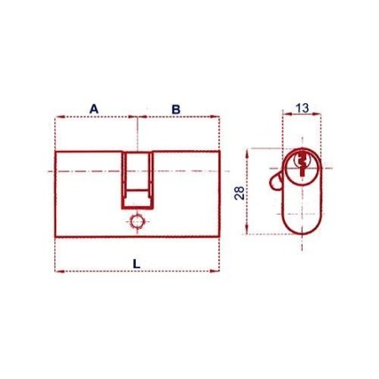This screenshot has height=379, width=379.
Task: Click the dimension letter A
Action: (x=94, y=109)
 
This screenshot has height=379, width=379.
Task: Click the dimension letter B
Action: (x=176, y=109)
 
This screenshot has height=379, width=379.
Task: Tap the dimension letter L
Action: (x=137, y=264)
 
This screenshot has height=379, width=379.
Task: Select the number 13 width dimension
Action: (x=302, y=108)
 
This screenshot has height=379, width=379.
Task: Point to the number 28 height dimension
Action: (x=240, y=193)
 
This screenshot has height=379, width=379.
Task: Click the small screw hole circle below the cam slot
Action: (x=138, y=222)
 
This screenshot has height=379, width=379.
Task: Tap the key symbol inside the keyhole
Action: (x=302, y=164)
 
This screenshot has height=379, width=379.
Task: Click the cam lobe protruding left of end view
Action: (x=276, y=181)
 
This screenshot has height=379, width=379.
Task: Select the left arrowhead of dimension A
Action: (x=60, y=117)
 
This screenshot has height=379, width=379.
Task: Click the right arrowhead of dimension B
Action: (x=215, y=117)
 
